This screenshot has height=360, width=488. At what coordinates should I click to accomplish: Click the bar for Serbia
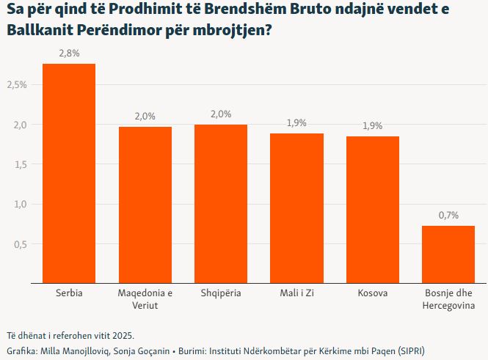[69, 174]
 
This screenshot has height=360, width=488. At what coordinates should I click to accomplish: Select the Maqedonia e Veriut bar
[145, 205]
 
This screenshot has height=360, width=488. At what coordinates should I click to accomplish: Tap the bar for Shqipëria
[221, 204]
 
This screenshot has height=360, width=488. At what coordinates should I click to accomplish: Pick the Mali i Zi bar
[296, 208]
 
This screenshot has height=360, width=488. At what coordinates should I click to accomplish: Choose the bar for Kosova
[373, 210]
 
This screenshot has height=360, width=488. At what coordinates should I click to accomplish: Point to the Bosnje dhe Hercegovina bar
[448, 254]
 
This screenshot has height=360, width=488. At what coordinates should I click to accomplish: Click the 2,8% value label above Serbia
[69, 54]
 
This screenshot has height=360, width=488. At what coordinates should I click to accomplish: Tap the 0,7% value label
[448, 215]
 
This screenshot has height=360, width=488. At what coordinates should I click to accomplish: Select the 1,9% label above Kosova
[373, 125]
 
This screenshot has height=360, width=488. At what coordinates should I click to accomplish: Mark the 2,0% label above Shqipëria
[221, 114]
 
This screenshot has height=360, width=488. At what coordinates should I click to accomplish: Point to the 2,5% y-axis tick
[17, 85]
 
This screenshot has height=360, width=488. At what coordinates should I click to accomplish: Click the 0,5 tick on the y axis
[21, 244]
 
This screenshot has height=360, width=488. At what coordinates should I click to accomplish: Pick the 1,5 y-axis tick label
[21, 165]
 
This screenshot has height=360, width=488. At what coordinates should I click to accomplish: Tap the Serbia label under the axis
[69, 293]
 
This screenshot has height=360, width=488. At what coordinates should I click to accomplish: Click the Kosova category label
[373, 293]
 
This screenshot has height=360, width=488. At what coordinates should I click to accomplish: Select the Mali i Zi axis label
[296, 293]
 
